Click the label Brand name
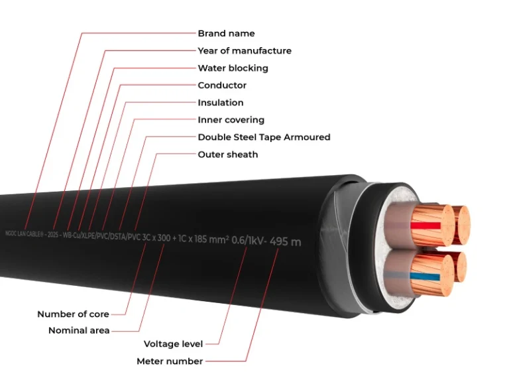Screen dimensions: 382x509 pyautogui.click(x=226, y=33)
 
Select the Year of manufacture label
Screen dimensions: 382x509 pyautogui.click(x=244, y=50)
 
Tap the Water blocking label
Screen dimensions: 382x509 pyautogui.click(x=233, y=68)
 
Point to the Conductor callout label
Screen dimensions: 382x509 pyautogui.click(x=222, y=85)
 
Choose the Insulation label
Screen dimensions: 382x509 pyautogui.click(x=220, y=103)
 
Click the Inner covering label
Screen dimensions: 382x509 pyautogui.click(x=231, y=120)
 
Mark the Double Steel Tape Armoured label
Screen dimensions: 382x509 pyautogui.click(x=264, y=137)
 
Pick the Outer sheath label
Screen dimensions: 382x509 pyautogui.click(x=227, y=155)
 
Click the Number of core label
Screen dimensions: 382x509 pyautogui.click(x=73, y=314)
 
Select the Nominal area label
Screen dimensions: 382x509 pyautogui.click(x=79, y=330)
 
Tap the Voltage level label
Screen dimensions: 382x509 pyautogui.click(x=173, y=344)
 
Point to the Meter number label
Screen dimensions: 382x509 pyautogui.click(x=170, y=361)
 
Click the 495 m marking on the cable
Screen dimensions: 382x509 pyautogui.click(x=286, y=241)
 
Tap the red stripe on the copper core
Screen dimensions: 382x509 pyautogui.click(x=424, y=225)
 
